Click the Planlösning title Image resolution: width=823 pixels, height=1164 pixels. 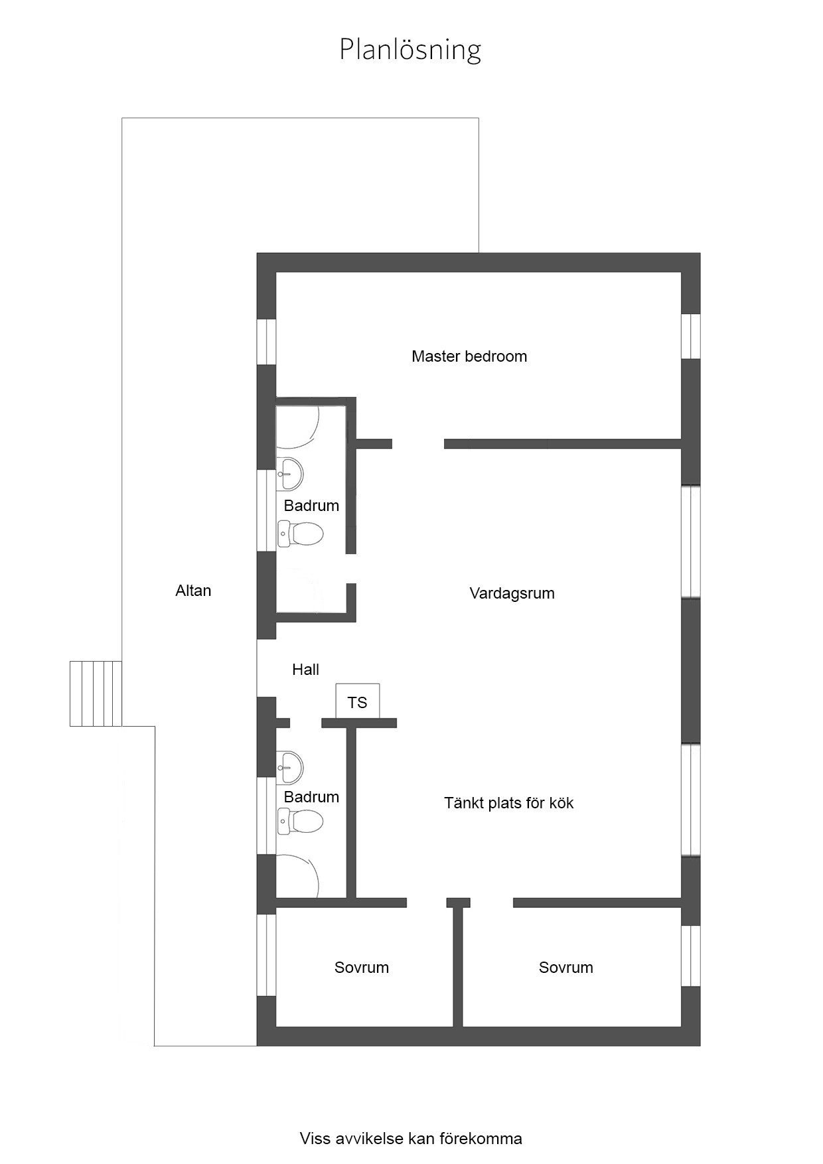pyautogui.click(x=410, y=50)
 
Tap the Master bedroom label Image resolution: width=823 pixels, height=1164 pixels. pyautogui.click(x=469, y=356)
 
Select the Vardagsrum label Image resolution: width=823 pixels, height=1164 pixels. pyautogui.click(x=512, y=593)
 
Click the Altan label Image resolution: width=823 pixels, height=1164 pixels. pyautogui.click(x=193, y=591)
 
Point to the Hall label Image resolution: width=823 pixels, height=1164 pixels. pyautogui.click(x=305, y=670)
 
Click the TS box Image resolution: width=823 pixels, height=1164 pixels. pyautogui.click(x=358, y=701)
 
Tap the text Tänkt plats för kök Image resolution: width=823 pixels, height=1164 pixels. pyautogui.click(x=509, y=803)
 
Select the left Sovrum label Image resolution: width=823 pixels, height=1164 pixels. pyautogui.click(x=362, y=968)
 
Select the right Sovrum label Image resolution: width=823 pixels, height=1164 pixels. pyautogui.click(x=566, y=968)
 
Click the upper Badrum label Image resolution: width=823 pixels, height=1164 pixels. pyautogui.click(x=311, y=506)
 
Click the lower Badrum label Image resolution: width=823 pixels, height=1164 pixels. pyautogui.click(x=311, y=797)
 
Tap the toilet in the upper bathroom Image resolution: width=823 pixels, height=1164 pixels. pyautogui.click(x=300, y=534)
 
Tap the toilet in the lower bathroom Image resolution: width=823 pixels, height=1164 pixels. pyautogui.click(x=300, y=821)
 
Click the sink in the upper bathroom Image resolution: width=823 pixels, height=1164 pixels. pyautogui.click(x=290, y=473)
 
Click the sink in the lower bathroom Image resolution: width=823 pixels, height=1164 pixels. pyautogui.click(x=290, y=766)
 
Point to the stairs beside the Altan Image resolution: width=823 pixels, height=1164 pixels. pyautogui.click(x=96, y=693)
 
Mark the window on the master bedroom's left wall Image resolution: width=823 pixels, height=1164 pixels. pyautogui.click(x=266, y=342)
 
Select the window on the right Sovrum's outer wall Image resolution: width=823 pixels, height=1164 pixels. pyautogui.click(x=691, y=956)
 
